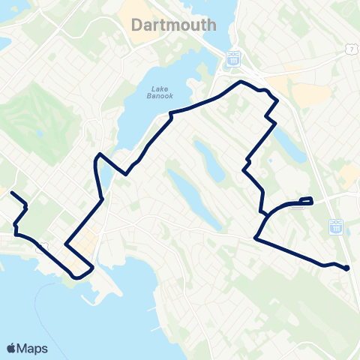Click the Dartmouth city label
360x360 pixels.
pos(173,25)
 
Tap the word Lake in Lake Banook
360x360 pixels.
pos(159,89)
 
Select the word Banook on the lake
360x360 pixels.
pos(159,96)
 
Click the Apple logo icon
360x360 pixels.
pos(11,347)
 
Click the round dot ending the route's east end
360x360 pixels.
pos(347,268)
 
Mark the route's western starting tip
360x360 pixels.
pos(11,193)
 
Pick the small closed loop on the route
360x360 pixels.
pos(306,200)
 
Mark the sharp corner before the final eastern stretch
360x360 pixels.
pos(256,238)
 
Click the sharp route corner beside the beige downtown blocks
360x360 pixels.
pos(66,244)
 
